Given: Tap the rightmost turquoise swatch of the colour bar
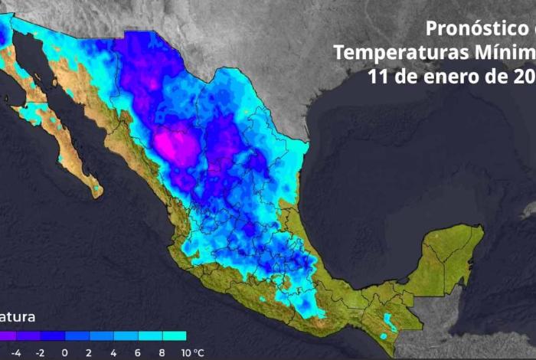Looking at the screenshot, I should (x=174, y=335).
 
